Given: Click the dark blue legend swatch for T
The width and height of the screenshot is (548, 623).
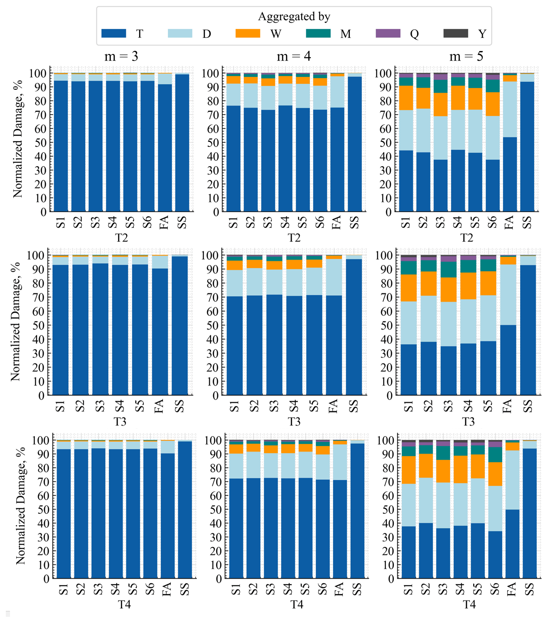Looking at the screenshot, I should click(114, 34).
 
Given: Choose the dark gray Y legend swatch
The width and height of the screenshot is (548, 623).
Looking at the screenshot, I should click(456, 34).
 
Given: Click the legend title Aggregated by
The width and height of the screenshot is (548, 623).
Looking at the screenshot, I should click(294, 17).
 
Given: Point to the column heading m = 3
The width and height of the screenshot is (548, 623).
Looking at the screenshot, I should click(121, 56).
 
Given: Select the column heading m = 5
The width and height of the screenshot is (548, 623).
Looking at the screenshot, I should click(466, 56).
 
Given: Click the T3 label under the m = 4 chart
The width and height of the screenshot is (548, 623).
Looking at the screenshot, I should click(294, 422).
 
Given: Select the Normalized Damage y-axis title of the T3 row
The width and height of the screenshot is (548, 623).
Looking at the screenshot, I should click(16, 322).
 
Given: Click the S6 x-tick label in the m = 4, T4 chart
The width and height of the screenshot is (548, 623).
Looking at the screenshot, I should click(322, 589).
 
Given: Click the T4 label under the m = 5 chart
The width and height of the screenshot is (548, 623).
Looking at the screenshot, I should click(469, 605).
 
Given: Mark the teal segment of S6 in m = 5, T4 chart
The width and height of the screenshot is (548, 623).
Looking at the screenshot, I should click(495, 455).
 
